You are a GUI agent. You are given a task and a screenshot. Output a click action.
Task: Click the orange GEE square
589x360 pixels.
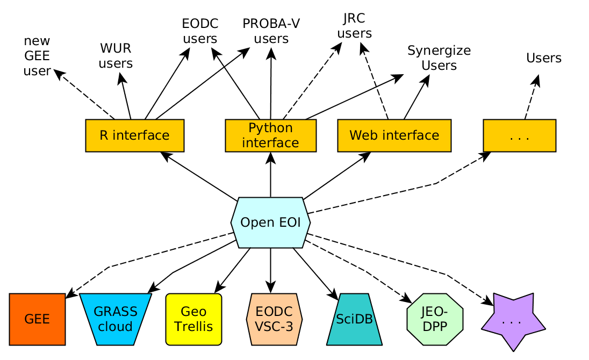click(x=37, y=319)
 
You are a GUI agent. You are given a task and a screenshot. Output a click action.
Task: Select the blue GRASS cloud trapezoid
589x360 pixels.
click(x=116, y=319)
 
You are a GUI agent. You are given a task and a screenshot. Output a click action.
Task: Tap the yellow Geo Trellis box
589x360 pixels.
click(x=193, y=319)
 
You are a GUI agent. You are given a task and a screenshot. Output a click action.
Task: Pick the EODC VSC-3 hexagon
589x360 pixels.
click(x=274, y=319)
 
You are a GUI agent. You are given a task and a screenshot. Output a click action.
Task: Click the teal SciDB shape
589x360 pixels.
click(x=354, y=319)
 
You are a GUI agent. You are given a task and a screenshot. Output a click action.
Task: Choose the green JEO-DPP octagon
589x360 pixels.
click(x=435, y=319)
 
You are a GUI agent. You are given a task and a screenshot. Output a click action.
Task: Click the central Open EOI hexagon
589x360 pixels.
click(x=270, y=222)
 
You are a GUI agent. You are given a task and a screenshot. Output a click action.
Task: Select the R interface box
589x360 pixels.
click(x=135, y=135)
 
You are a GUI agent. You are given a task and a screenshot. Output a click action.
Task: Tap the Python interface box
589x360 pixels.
click(x=270, y=135)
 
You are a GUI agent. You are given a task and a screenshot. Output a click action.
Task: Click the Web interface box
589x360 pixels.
click(x=394, y=135)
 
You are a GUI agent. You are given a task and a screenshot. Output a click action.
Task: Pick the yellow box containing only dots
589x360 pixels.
click(x=519, y=135)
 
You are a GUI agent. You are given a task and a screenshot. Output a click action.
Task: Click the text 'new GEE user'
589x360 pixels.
click(x=37, y=56)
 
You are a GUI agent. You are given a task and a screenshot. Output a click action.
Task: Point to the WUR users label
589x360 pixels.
click(x=116, y=56)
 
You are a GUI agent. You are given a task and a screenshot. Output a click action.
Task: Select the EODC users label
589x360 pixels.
click(x=200, y=31)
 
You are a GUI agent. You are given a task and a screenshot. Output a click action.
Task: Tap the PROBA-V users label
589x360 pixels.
click(x=271, y=31)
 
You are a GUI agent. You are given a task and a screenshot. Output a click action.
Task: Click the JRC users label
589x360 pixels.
click(x=354, y=26)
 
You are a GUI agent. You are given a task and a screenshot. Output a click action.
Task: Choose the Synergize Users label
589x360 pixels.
click(x=439, y=58)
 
